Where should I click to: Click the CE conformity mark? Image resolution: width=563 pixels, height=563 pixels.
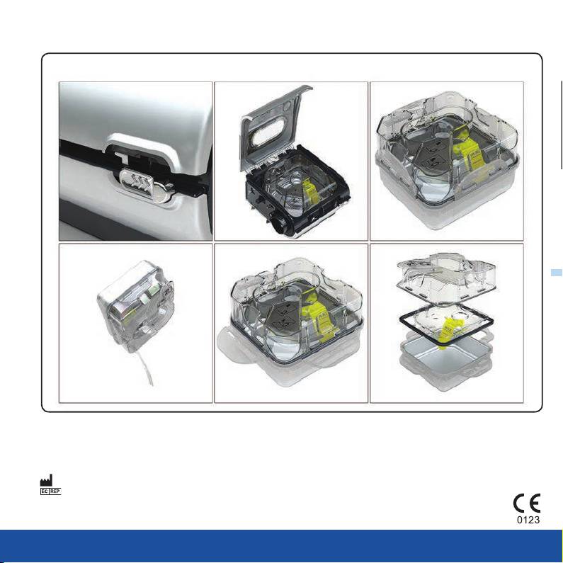pyautogui.click(x=527, y=503)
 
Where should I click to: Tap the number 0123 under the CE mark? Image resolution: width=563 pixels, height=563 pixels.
pyautogui.click(x=528, y=520)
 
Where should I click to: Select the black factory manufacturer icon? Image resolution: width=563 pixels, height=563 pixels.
pyautogui.click(x=46, y=480)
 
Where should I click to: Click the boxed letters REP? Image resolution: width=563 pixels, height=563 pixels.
pyautogui.click(x=55, y=491)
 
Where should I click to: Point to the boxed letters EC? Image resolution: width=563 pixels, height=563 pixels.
pyautogui.click(x=45, y=491)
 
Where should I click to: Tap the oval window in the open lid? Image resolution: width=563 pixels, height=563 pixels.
pyautogui.click(x=268, y=131)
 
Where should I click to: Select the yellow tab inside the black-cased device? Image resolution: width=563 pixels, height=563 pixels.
pyautogui.click(x=309, y=193)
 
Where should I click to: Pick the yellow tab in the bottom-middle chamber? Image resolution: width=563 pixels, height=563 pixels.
pyautogui.click(x=319, y=316)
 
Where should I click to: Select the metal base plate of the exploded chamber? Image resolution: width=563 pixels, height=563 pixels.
pyautogui.click(x=445, y=353)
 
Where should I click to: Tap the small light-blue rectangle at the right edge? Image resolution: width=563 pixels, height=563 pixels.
pyautogui.click(x=557, y=273)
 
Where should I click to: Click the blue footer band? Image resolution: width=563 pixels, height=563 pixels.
pyautogui.click(x=282, y=546)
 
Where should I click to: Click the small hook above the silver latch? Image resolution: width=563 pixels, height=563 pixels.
pyautogui.click(x=121, y=157)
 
